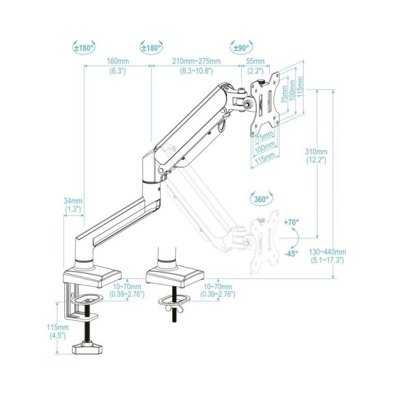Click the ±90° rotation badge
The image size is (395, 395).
click(241, 47)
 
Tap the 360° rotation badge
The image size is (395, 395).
click(261, 199)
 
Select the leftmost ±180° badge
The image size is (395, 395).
click(83, 47)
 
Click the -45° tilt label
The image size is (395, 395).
click(291, 253)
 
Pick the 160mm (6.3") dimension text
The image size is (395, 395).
click(117, 66)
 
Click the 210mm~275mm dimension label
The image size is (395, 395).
click(196, 66)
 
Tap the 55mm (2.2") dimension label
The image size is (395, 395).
click(255, 66)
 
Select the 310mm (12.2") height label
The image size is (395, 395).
click(316, 156)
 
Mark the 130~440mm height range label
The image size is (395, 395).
click(328, 256)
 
